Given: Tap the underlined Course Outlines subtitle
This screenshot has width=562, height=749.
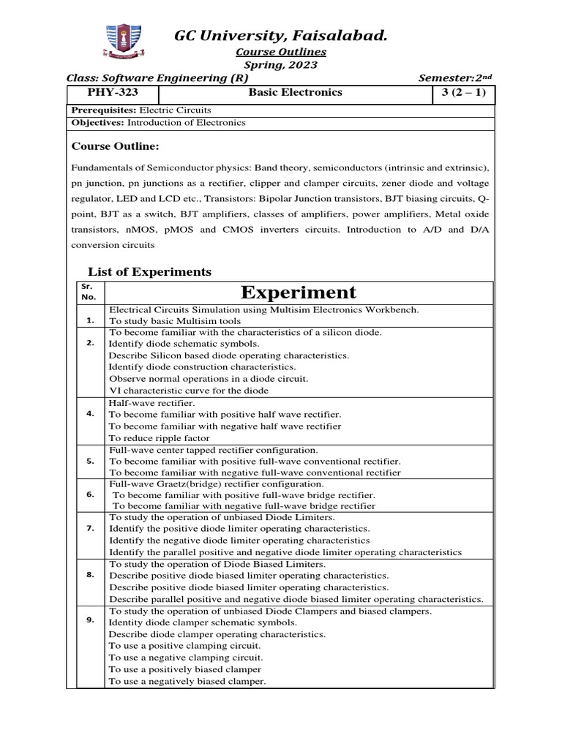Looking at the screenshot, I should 280,52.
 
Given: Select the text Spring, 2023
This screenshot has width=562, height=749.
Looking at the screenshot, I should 280,65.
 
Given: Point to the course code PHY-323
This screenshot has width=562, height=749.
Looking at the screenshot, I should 113,93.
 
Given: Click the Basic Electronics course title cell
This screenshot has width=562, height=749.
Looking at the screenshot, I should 285,93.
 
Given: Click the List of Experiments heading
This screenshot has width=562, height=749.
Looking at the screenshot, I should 149,271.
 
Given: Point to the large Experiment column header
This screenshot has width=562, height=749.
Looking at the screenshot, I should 298,293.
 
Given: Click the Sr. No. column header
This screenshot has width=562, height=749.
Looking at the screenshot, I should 88,293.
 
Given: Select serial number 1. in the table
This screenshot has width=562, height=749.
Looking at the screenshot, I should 90,320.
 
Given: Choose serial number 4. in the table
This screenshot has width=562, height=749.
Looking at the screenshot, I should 90,413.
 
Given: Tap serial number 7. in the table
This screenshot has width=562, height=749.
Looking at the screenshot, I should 90,528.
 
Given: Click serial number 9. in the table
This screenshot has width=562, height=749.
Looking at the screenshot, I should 90,620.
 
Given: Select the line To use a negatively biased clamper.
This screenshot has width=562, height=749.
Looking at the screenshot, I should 187,681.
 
